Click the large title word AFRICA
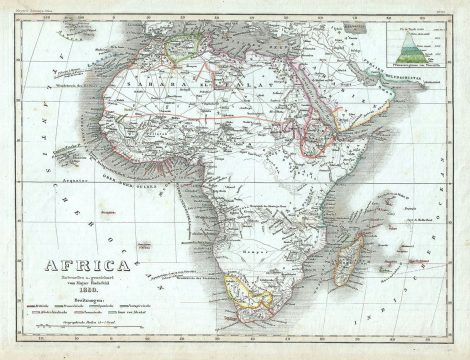coord(74,267)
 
